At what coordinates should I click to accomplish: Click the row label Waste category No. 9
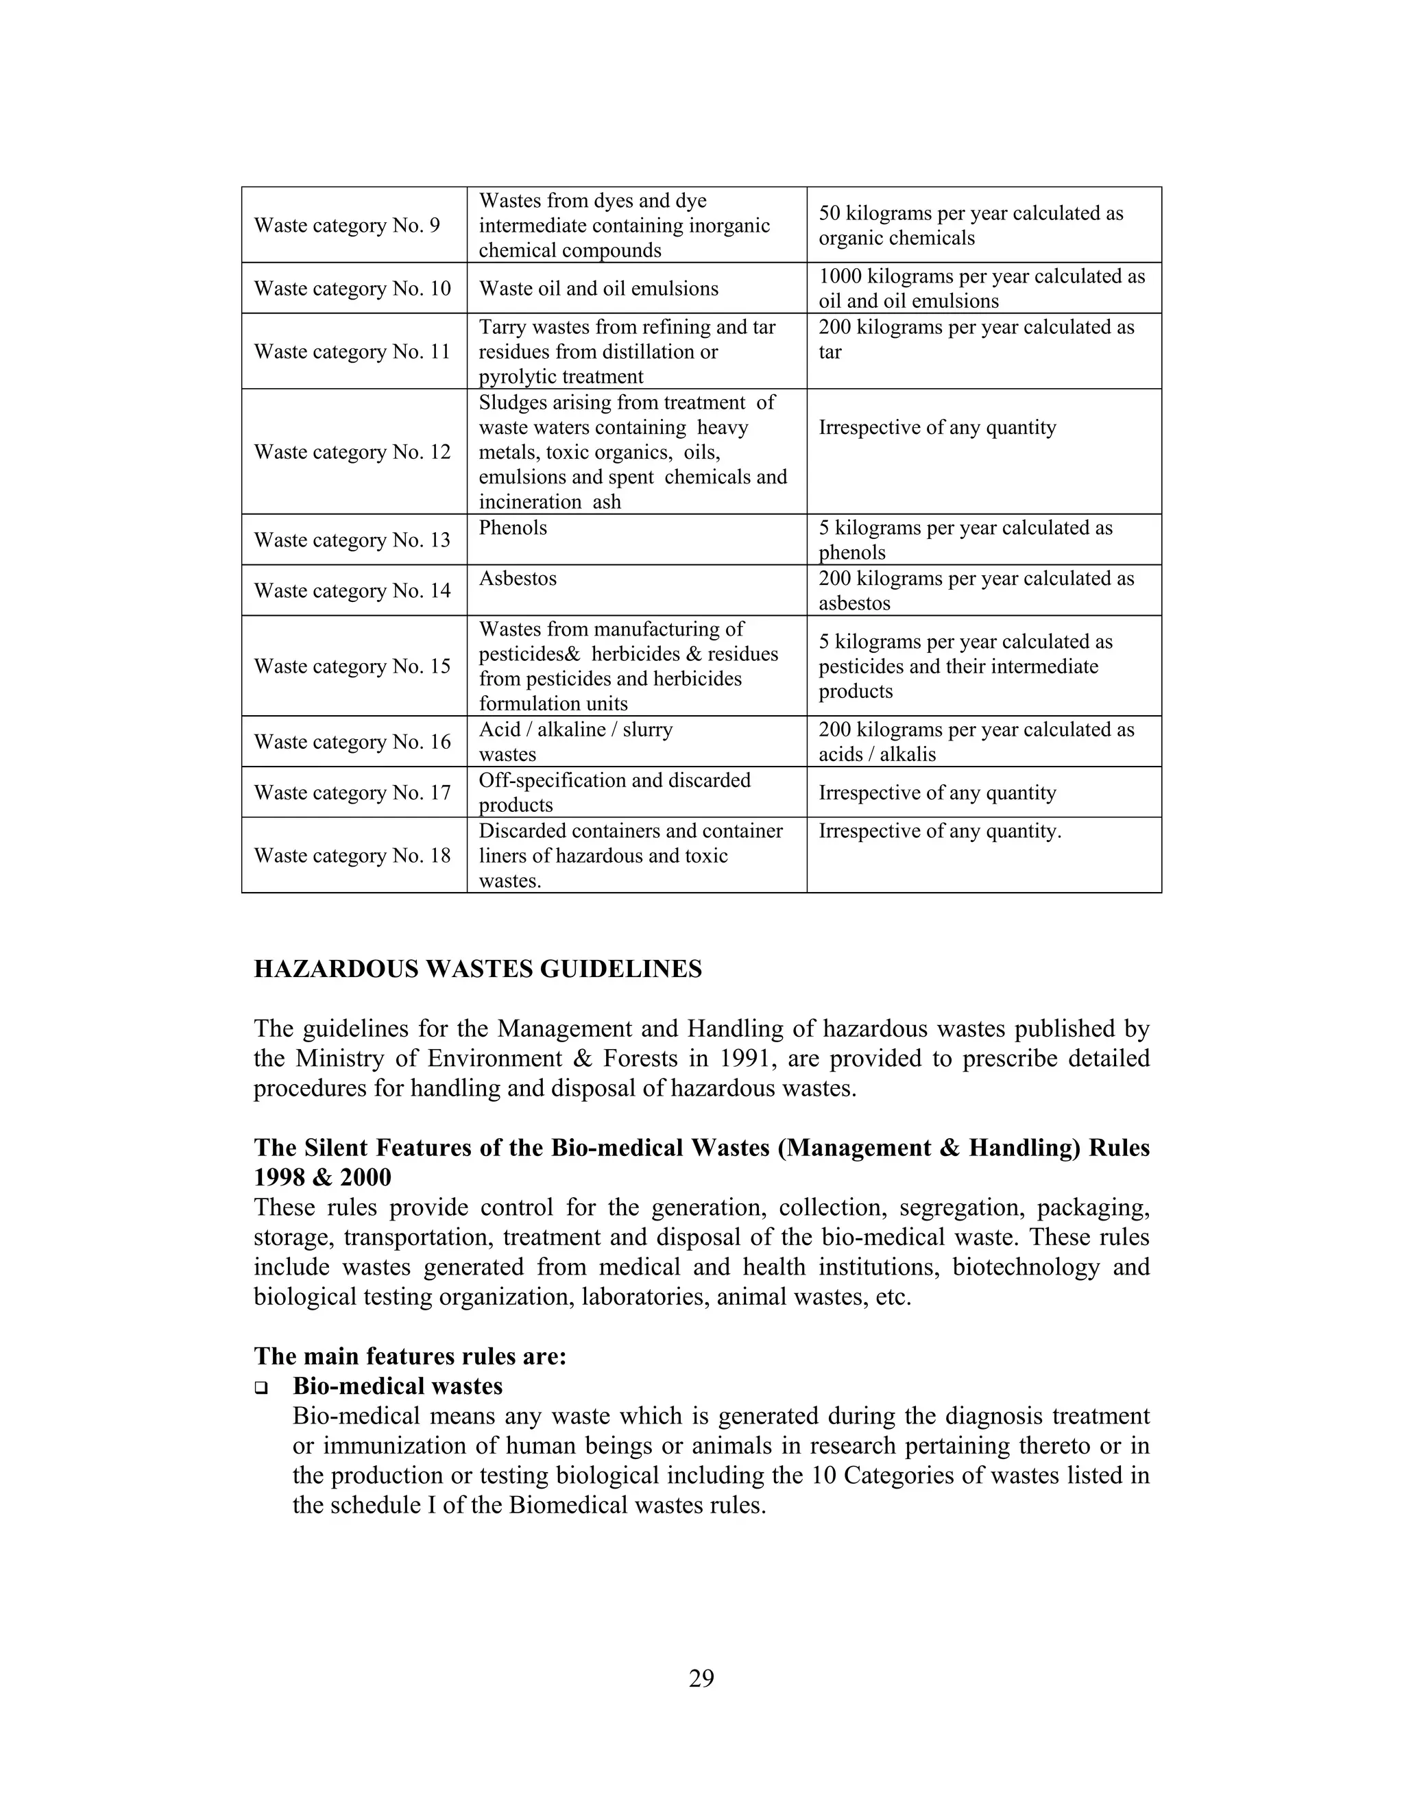[347, 226]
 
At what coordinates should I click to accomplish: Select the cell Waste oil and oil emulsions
[598, 289]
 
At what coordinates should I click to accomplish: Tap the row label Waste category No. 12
[352, 452]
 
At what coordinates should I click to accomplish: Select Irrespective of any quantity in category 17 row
[936, 793]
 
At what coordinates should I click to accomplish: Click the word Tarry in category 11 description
[503, 327]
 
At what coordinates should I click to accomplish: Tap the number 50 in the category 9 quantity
[830, 214]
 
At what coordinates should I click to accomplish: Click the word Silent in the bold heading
[335, 1148]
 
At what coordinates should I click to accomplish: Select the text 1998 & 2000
[322, 1178]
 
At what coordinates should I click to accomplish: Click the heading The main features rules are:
[410, 1357]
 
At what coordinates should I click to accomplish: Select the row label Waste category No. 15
[352, 666]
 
